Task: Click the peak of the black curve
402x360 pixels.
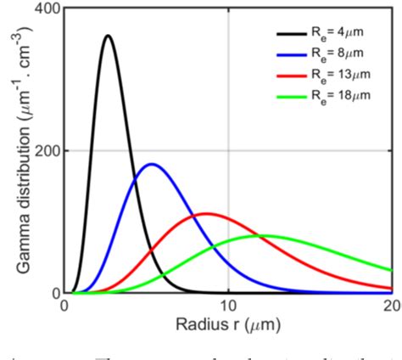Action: click(x=108, y=36)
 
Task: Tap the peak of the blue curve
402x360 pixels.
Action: click(x=152, y=164)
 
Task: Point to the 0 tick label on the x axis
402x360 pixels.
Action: click(x=64, y=307)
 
